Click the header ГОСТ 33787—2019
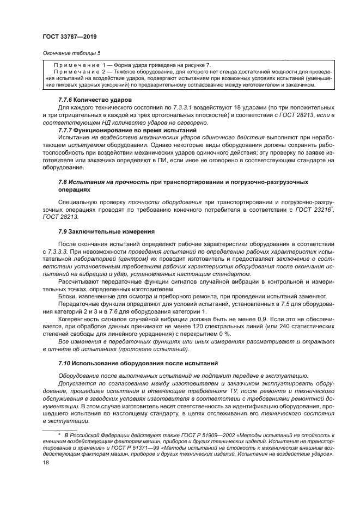pos(69,36)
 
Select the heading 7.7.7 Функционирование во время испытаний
pos(126,130)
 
